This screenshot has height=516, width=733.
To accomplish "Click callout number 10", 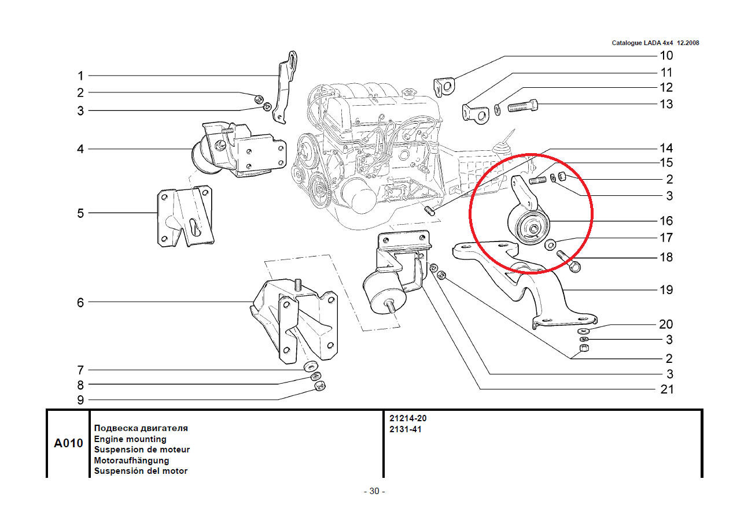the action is pyautogui.click(x=666, y=56).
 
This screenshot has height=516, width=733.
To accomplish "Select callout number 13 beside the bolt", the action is pyautogui.click(x=666, y=105).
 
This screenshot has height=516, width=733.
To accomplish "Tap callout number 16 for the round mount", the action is pyautogui.click(x=666, y=221).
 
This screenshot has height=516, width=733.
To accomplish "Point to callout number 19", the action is pyautogui.click(x=666, y=289).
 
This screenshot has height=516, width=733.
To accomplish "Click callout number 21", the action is pyautogui.click(x=666, y=389).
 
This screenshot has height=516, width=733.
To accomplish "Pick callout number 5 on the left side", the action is pyautogui.click(x=80, y=213).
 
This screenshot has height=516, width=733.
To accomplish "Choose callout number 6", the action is pyautogui.click(x=80, y=302).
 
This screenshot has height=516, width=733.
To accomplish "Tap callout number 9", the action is pyautogui.click(x=80, y=400).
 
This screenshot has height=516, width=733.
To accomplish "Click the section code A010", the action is pyautogui.click(x=68, y=444).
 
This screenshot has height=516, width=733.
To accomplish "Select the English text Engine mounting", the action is pyautogui.click(x=130, y=439).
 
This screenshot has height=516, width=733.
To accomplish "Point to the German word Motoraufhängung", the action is pyautogui.click(x=131, y=461).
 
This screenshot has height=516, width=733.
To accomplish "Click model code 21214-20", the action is pyautogui.click(x=408, y=418).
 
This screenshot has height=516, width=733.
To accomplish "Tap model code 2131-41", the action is pyautogui.click(x=405, y=429).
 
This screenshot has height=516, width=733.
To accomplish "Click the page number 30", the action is pyautogui.click(x=374, y=492).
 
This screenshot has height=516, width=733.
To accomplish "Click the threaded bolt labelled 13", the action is pyautogui.click(x=523, y=106).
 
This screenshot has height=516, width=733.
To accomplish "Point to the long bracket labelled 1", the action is pyautogui.click(x=286, y=87).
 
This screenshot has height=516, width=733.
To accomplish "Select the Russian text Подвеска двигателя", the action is pyautogui.click(x=141, y=429).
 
